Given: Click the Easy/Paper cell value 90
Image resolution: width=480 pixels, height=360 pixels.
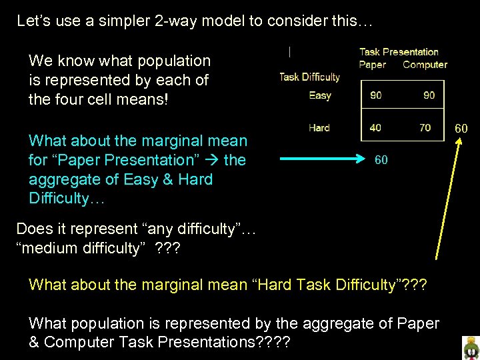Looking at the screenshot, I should [376, 95].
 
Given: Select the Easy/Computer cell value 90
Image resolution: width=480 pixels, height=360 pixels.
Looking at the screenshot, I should [429, 95].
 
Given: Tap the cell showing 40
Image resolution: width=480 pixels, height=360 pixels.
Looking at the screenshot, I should [376, 127].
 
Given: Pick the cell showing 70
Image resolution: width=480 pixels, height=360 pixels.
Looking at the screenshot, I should [425, 127].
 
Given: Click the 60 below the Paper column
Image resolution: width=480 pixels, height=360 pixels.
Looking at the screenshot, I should [381, 160].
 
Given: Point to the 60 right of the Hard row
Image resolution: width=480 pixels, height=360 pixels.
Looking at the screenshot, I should [461, 127].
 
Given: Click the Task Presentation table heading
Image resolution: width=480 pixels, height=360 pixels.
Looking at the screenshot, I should [399, 52].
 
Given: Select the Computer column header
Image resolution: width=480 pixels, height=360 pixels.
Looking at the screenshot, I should [425, 65].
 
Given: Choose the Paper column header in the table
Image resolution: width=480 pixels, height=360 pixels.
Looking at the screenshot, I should [372, 65].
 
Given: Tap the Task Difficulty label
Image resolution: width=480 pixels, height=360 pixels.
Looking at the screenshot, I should [309, 77].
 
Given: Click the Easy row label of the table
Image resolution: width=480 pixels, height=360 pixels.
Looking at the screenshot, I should [320, 95].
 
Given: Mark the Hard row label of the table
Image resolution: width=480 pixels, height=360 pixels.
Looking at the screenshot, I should [319, 127].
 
